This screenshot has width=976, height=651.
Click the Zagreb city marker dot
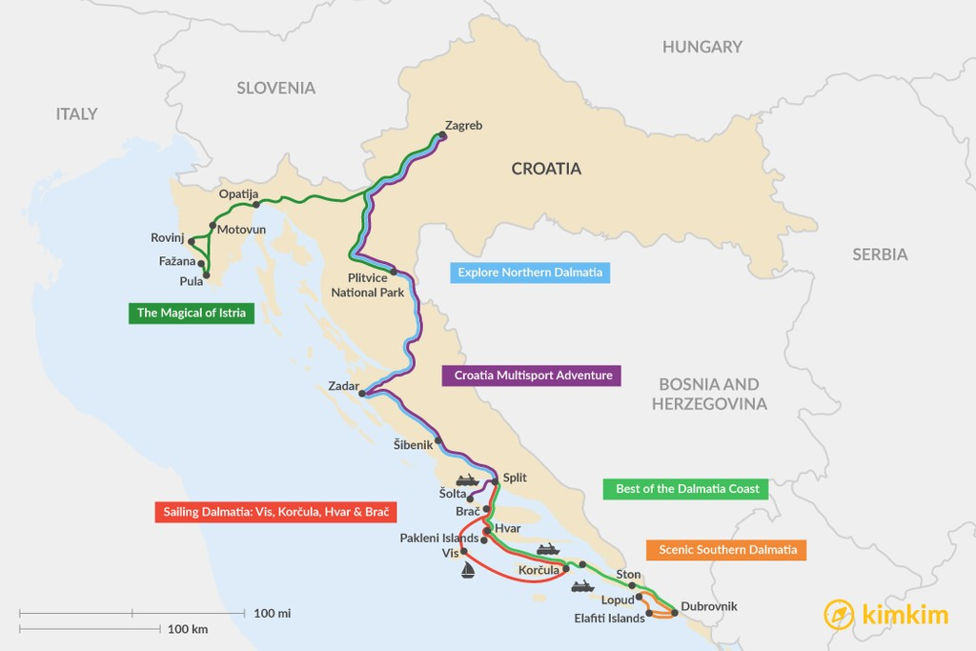(x=441, y=135)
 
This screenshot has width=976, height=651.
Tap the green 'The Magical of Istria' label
(x=192, y=313)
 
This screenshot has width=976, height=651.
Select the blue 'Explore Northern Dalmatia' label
(x=530, y=273)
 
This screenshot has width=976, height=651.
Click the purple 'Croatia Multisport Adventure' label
(x=532, y=375)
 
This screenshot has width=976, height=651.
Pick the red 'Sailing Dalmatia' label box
(x=275, y=512)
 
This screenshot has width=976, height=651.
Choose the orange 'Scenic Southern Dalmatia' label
(x=727, y=550)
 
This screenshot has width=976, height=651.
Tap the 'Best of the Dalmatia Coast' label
(x=686, y=489)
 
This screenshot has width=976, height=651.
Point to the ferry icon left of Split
(x=467, y=479)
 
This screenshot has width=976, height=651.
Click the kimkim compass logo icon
(x=838, y=615)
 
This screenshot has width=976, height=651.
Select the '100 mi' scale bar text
(x=273, y=613)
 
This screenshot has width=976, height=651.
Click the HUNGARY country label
(x=701, y=47)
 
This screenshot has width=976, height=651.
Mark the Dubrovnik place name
(x=709, y=606)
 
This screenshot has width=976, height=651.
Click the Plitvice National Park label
(x=368, y=285)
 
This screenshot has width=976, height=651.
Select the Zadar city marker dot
(x=362, y=393)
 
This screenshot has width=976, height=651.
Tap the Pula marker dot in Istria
(x=206, y=275)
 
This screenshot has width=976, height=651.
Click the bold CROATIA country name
(x=546, y=169)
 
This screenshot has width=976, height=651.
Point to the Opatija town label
(x=238, y=193)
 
